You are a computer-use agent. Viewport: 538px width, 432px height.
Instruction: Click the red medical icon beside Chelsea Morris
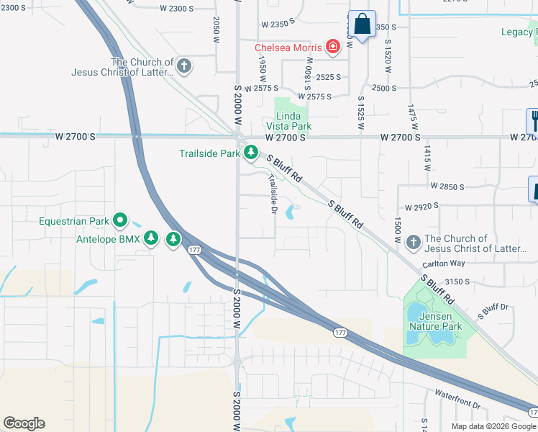pos(332,48)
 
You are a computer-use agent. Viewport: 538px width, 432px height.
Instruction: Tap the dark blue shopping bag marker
pos(363,24)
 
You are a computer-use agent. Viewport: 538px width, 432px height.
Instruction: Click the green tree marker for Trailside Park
pos(250,153)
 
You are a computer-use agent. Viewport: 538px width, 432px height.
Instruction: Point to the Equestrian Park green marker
pos(121,220)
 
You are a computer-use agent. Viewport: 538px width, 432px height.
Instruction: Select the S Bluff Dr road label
pos(493,311)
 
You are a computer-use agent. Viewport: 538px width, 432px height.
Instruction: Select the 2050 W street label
pos(216,30)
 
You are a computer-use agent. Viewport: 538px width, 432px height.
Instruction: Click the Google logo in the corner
pos(24,423)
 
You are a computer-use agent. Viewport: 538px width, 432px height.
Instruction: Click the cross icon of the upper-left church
pos(184,67)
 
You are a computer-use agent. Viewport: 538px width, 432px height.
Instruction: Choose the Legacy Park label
pos(518,32)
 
